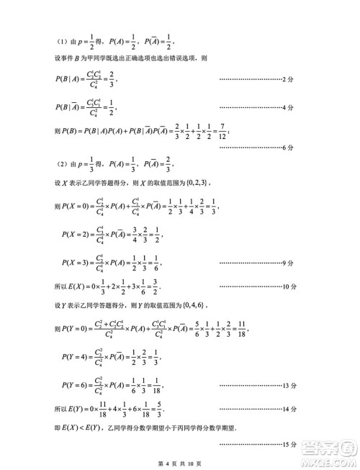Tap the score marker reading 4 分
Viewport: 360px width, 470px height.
pyautogui.click(x=289, y=107)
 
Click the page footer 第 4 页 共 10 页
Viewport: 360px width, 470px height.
pyautogui.click(x=179, y=461)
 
